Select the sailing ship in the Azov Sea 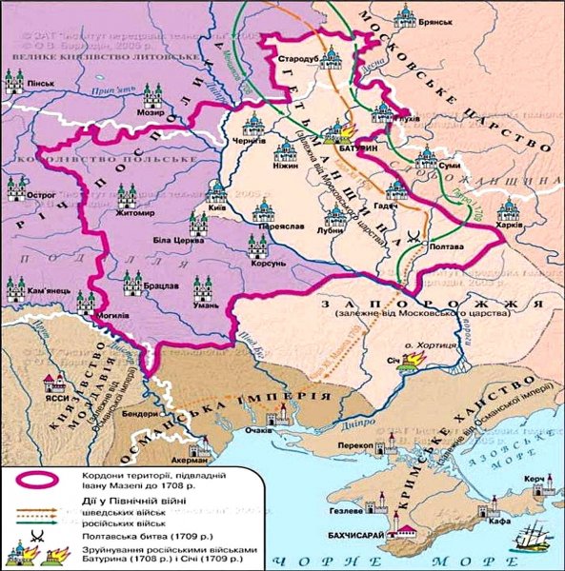[527, 539]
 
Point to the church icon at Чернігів [253, 124]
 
